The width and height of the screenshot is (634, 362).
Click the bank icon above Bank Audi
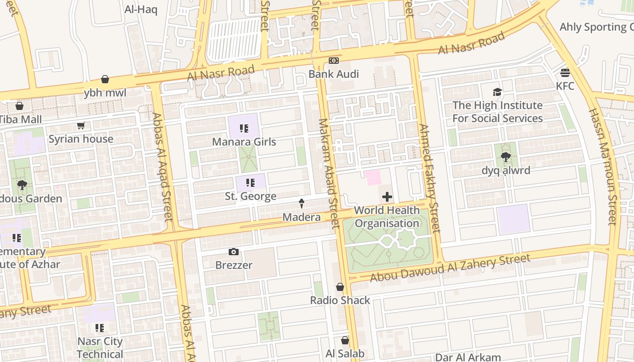click(x=334, y=61)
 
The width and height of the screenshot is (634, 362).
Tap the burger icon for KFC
click(x=565, y=72)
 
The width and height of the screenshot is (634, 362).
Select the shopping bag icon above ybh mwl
click(x=105, y=80)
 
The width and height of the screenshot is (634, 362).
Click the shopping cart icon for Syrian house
click(x=81, y=126)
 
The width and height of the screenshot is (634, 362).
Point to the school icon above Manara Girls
click(x=244, y=129)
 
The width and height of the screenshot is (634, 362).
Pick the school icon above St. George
click(x=250, y=183)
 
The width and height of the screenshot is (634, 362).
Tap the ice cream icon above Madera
click(x=301, y=204)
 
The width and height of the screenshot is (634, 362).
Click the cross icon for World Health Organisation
click(x=387, y=197)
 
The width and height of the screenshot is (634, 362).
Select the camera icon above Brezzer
click(x=234, y=252)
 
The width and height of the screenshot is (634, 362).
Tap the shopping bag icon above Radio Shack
click(x=340, y=287)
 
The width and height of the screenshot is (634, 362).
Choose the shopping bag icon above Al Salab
click(x=345, y=340)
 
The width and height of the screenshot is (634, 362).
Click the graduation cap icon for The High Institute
click(x=497, y=92)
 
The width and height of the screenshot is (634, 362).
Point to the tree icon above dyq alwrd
click(x=505, y=157)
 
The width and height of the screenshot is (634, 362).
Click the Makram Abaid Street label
click(x=329, y=173)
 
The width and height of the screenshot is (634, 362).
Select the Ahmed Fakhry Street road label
click(x=429, y=179)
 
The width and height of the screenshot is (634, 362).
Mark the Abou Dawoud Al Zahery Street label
click(x=450, y=268)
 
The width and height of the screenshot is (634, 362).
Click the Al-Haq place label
click(x=141, y=10)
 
